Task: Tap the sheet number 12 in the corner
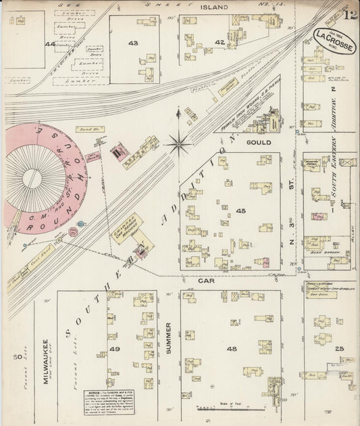click(349, 12)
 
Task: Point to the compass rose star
click(179, 142)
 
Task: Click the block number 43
click(132, 43)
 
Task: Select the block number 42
click(219, 42)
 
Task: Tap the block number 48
click(232, 349)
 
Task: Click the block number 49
click(115, 349)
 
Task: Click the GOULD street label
click(259, 143)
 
